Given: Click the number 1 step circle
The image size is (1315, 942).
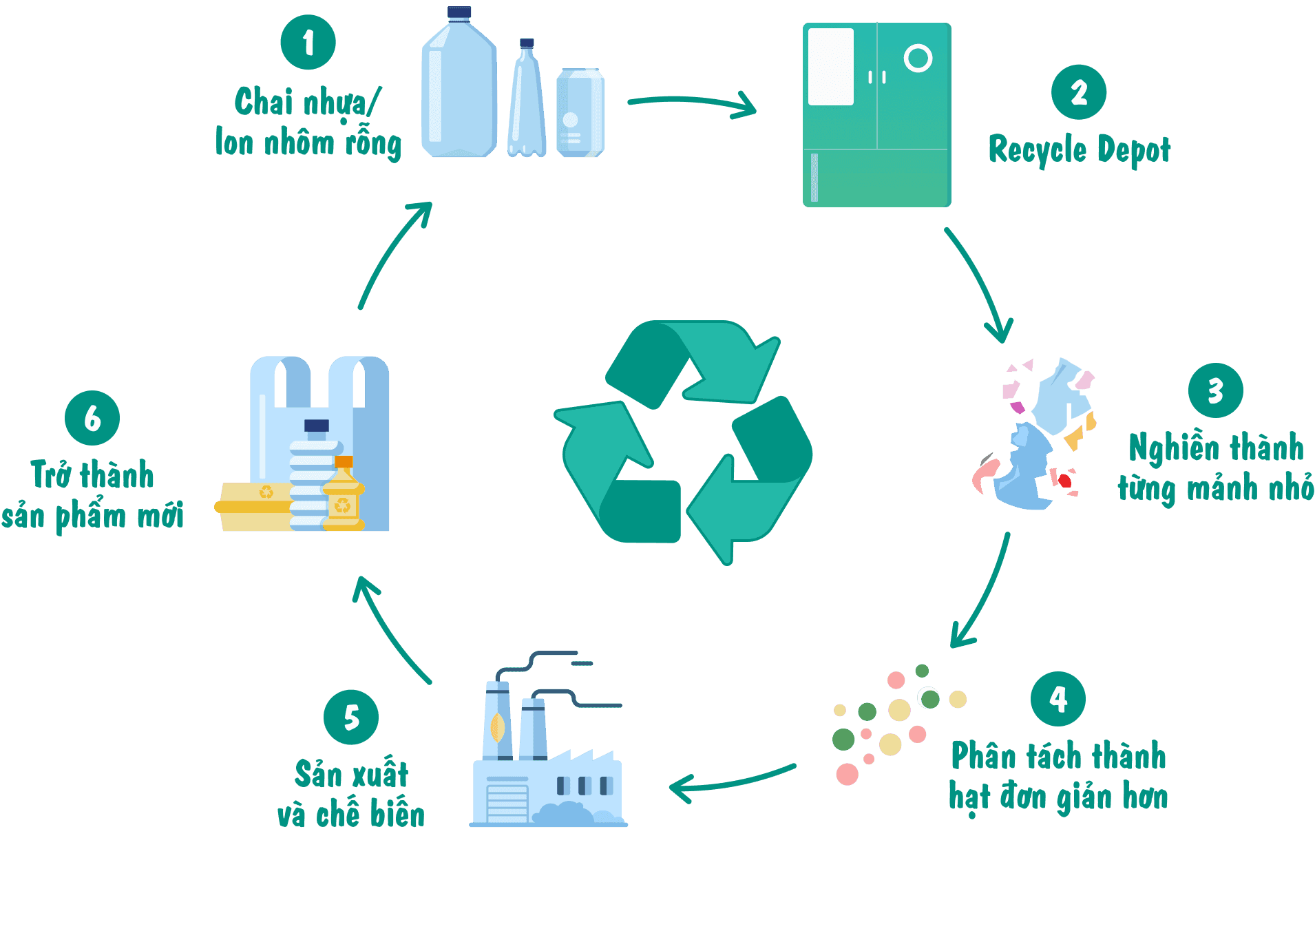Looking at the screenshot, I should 308,42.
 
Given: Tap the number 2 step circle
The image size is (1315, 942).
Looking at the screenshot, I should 1078,92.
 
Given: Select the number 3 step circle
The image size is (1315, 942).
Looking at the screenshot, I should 1215,390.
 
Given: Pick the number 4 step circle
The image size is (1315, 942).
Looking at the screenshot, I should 1058,699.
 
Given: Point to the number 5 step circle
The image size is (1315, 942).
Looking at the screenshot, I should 351,717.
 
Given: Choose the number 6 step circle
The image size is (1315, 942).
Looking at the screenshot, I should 92,418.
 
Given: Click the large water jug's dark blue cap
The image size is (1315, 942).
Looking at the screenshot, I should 459,13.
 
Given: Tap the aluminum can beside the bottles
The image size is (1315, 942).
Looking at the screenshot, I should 580,113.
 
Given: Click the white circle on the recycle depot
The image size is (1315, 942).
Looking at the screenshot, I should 918,59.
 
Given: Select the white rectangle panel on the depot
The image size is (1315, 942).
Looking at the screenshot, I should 830,67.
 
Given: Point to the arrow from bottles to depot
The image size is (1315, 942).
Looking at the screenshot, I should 692,104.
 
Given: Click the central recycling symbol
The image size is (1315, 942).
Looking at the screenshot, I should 684,441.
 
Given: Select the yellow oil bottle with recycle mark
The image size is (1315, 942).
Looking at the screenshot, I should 343,495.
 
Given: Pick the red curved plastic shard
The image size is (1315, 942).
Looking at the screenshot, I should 985,474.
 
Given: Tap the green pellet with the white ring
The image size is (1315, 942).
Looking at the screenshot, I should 929,698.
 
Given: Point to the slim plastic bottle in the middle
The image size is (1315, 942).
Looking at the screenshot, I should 527,103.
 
